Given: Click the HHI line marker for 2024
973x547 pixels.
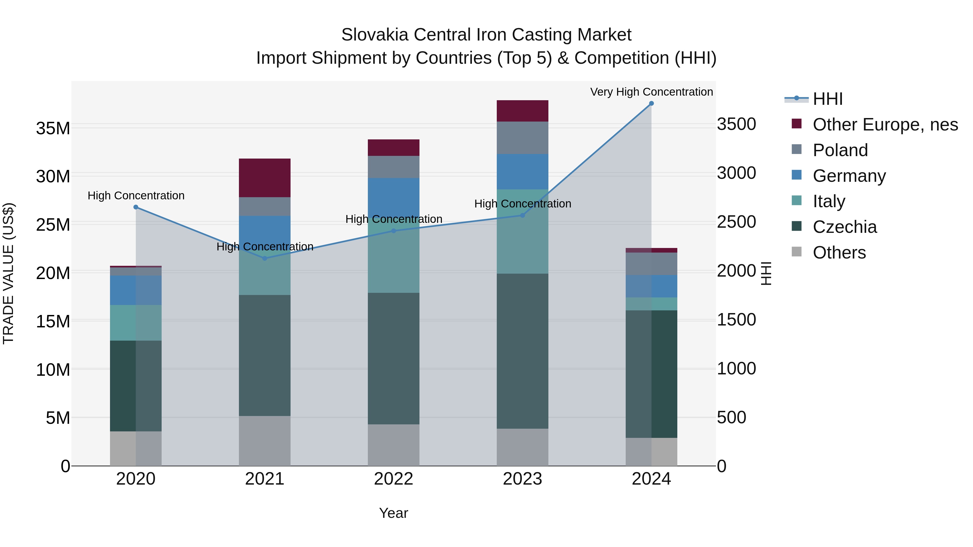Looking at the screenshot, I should (x=651, y=103).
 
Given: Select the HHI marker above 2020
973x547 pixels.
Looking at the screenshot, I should (x=136, y=207).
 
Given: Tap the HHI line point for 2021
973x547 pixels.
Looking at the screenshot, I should (x=265, y=259).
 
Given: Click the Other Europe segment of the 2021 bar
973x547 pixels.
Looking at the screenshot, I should (x=265, y=178).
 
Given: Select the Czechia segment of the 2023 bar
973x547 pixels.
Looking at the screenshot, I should (x=522, y=351).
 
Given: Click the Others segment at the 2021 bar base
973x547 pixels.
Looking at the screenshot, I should (x=265, y=441).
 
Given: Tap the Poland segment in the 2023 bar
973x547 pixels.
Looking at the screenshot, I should (x=522, y=138).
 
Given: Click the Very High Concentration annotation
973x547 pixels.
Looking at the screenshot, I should (x=651, y=92).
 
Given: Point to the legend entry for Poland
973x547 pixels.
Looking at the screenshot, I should (x=840, y=150).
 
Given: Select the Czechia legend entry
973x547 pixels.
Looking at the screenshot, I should (x=845, y=227).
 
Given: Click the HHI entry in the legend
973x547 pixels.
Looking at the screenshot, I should (x=828, y=99).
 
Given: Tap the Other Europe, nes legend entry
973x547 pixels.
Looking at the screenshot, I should (x=885, y=125).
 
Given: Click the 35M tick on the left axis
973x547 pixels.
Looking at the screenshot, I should (x=53, y=128).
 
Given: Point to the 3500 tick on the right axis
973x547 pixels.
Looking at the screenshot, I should (x=736, y=124).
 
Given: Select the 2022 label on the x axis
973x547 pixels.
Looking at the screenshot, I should (x=394, y=479).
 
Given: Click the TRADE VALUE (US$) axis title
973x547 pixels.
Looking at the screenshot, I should (x=8, y=273).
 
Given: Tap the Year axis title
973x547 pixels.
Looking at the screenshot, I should (x=394, y=513).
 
